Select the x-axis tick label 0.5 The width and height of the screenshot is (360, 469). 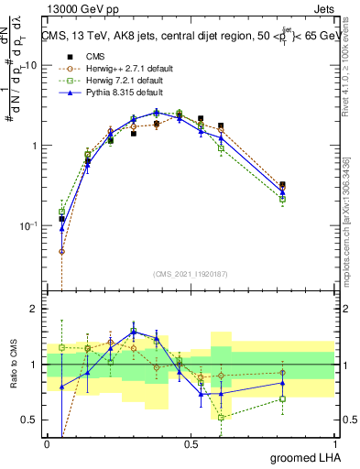pos(191,443)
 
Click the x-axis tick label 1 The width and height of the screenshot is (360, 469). pos(335,443)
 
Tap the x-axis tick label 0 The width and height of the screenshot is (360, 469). pos(47,443)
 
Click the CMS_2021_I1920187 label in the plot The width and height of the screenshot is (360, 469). pos(191,274)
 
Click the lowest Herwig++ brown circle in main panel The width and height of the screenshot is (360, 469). pos(61,251)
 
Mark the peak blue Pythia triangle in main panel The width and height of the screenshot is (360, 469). pos(156,112)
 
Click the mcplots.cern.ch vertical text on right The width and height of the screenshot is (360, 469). pos(349,229)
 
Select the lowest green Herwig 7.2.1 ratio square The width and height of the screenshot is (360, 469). pos(221,417)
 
